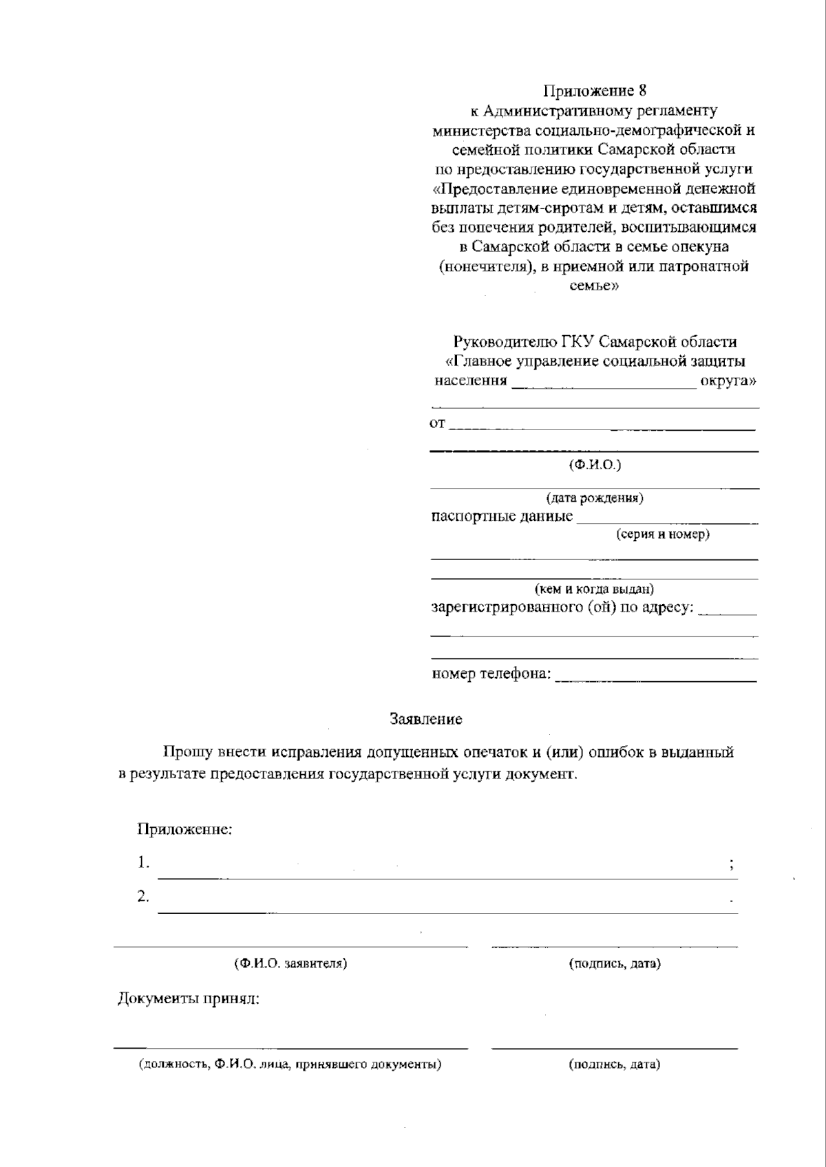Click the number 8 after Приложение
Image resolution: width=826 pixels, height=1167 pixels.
point(642,91)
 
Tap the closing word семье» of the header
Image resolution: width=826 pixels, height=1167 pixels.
point(594,286)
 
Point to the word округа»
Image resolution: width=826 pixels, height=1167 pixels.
point(729,381)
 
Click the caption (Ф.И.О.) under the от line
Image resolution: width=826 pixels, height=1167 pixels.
point(595,465)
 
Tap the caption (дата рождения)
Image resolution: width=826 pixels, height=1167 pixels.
point(595,497)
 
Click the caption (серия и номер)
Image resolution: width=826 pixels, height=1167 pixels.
point(663,534)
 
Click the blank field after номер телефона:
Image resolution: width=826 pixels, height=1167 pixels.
point(655,676)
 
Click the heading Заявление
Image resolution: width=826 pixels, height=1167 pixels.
point(426,720)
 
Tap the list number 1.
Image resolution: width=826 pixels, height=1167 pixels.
point(142,862)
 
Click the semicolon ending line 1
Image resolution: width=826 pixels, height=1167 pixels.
point(731,865)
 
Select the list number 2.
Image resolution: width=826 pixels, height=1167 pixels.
point(142,897)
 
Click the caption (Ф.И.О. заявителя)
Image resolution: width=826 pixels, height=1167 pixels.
point(290,963)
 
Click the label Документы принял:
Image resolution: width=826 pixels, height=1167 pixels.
point(188,998)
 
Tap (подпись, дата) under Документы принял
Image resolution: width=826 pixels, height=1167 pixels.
point(615,1064)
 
